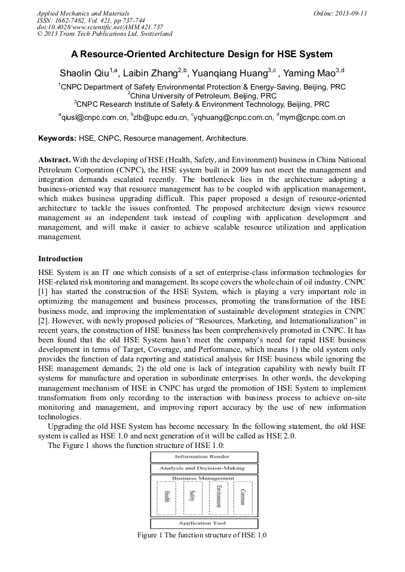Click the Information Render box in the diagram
point(203,457)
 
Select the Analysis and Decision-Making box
point(203,468)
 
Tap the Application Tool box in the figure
point(203,523)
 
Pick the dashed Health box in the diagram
point(166,498)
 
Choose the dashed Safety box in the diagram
point(192,498)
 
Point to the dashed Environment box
point(218,498)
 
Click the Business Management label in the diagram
point(203,478)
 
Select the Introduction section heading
point(60,259)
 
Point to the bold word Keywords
point(57,138)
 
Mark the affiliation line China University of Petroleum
point(203,95)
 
